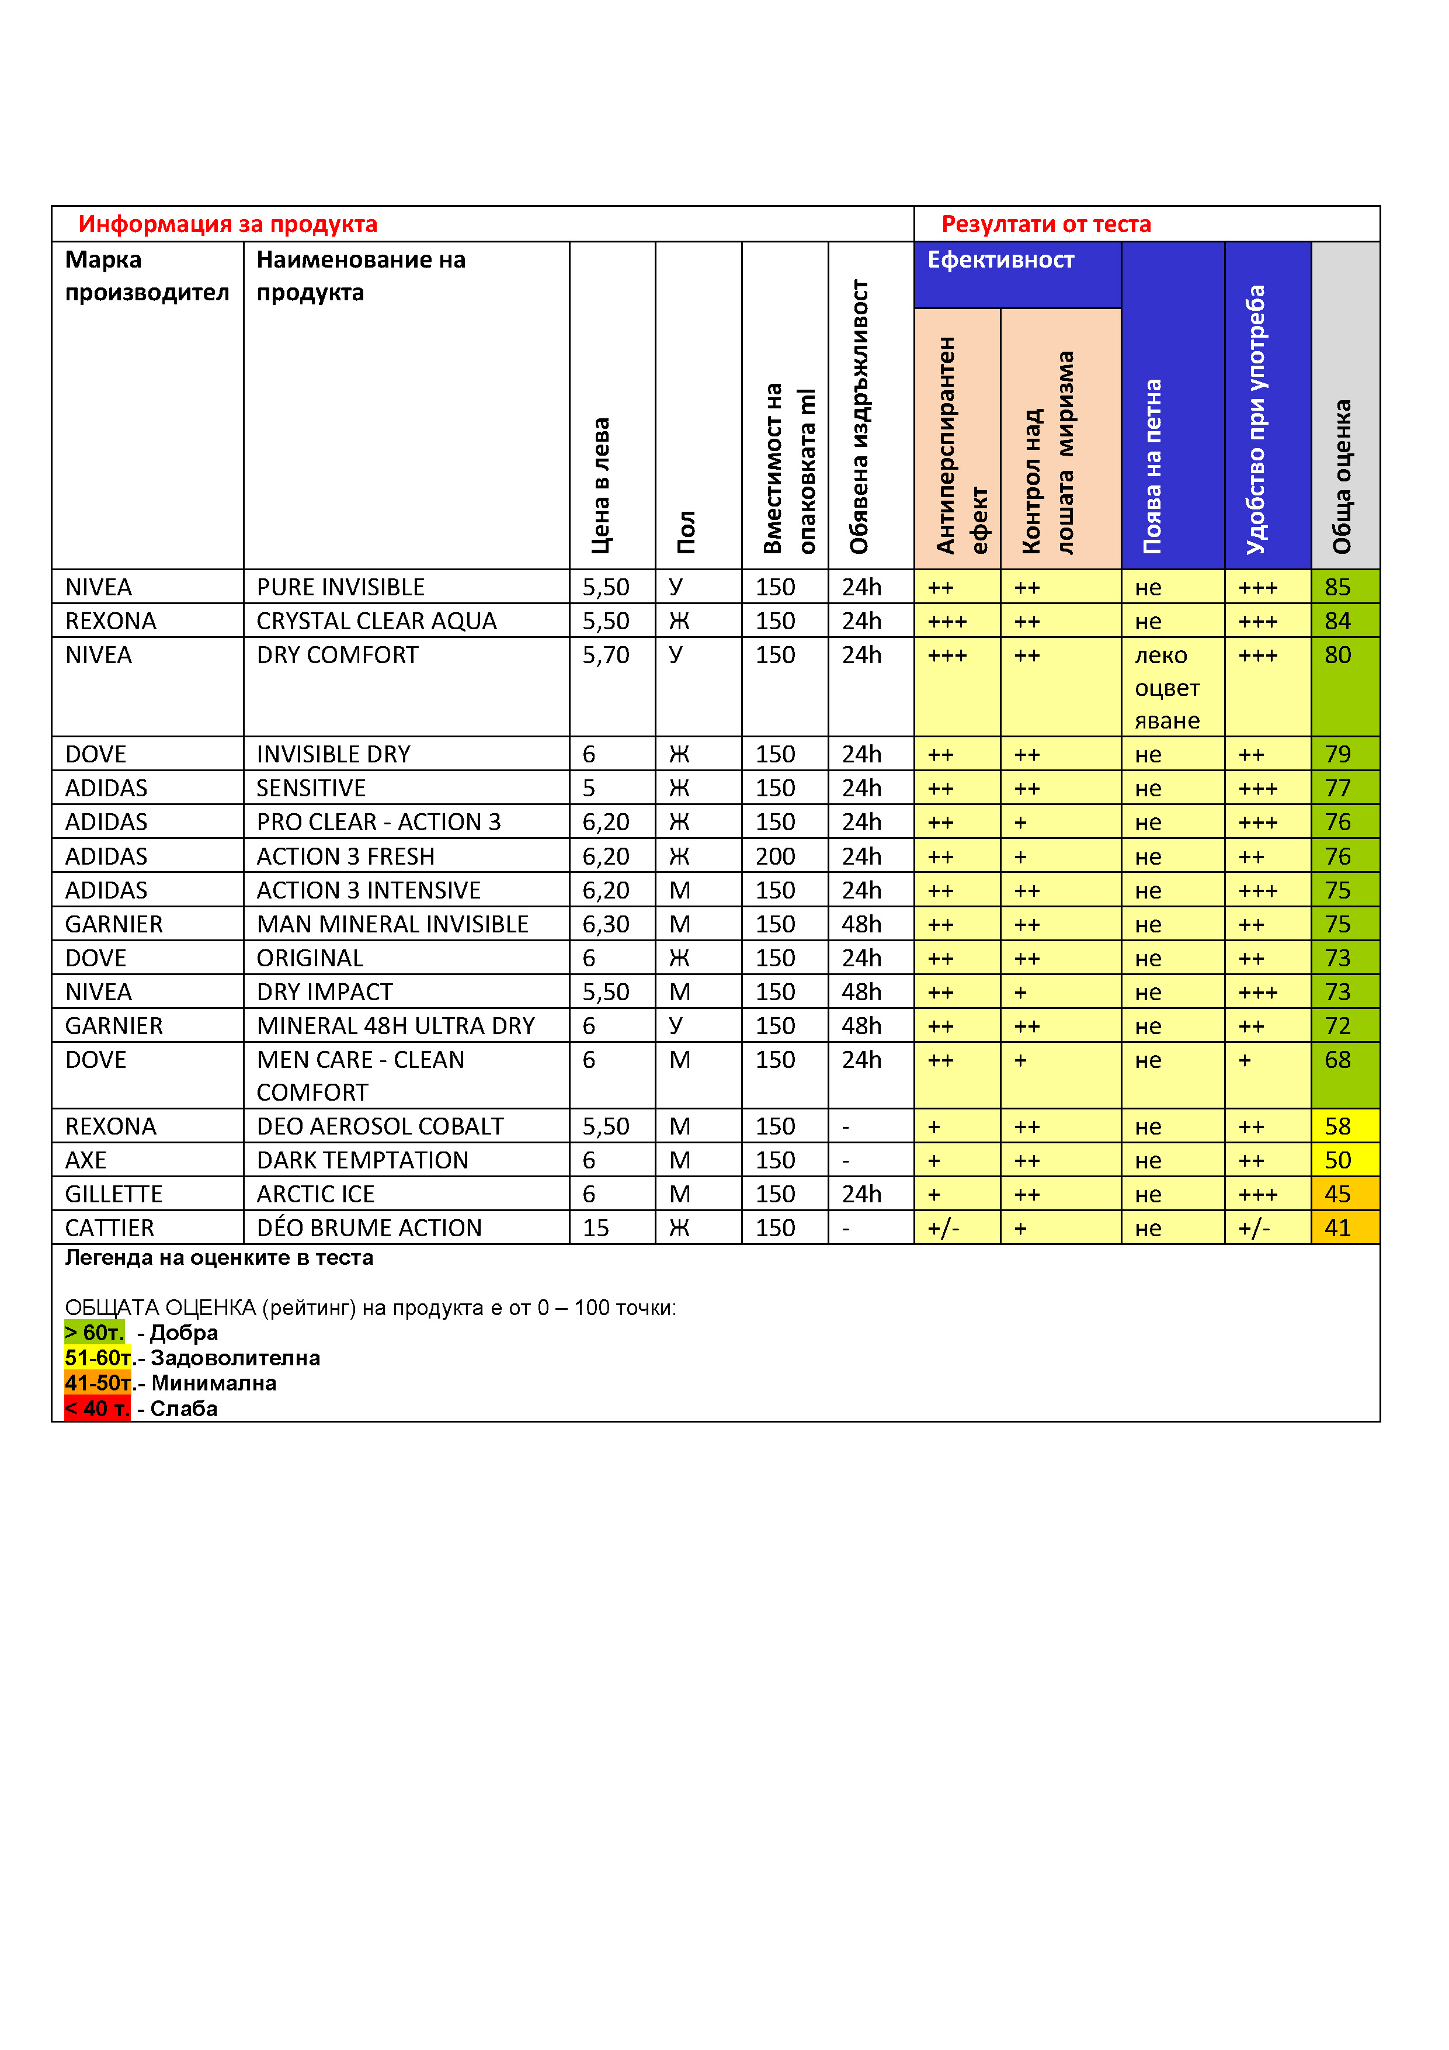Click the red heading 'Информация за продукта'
228,224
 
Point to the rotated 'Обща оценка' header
1342,476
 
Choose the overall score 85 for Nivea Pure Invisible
1337,588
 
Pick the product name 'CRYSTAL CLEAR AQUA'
376,622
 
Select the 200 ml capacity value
775,857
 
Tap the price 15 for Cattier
596,1229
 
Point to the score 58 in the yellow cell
1337,1127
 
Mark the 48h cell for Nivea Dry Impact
861,993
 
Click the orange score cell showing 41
1337,1229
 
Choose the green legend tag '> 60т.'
94,1333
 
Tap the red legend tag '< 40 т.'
96,1409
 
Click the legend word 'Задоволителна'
235,1358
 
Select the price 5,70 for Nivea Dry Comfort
605,655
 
